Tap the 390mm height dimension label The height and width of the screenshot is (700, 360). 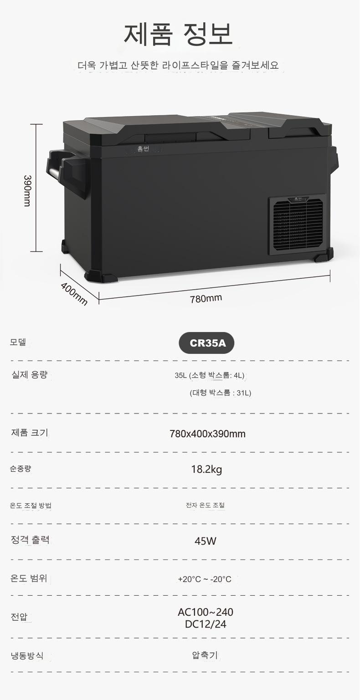pos(27,190)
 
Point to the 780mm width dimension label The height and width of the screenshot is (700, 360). pos(206,298)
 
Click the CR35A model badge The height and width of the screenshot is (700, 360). pos(206,343)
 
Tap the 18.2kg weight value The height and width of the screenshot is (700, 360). pos(206,469)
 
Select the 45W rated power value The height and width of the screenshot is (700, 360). pos(206,541)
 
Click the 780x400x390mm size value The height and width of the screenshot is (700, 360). pos(207,434)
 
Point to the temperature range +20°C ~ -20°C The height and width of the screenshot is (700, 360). pos(205,579)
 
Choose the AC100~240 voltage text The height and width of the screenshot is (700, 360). pos(206,612)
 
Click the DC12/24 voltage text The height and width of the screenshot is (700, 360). pos(206,624)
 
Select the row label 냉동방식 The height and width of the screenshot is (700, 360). pos(27,656)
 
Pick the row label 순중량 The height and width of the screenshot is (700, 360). pos(21,468)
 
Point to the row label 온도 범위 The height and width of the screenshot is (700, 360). pos(28,578)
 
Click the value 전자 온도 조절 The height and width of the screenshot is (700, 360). pos(205,505)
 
